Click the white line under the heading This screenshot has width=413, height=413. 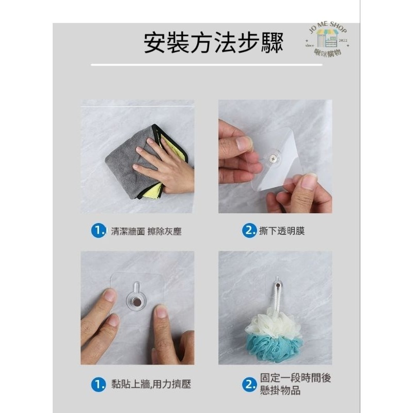pyautogui.click(x=206, y=65)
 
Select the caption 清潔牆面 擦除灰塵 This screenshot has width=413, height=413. pyautogui.click(x=146, y=231)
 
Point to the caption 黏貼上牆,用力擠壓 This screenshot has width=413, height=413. pyautogui.click(x=151, y=385)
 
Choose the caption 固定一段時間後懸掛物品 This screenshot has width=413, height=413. pyautogui.click(x=295, y=385)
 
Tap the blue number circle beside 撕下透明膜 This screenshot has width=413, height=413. pyautogui.click(x=249, y=231)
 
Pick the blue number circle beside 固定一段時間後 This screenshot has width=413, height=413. pyautogui.click(x=249, y=385)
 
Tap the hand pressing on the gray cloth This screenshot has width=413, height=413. pyautogui.click(x=163, y=165)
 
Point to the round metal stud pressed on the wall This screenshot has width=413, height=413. pyautogui.click(x=137, y=301)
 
